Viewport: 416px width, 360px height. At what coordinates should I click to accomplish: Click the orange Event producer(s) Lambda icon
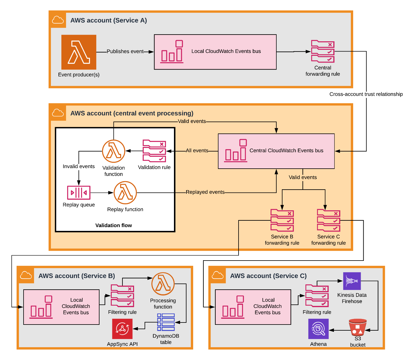[79, 52]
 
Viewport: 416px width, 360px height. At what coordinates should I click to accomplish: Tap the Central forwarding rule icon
[323, 51]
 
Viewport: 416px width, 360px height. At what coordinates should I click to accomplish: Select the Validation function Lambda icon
[113, 151]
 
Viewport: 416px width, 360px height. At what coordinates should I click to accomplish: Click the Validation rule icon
[154, 151]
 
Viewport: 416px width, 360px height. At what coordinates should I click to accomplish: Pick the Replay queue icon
[79, 193]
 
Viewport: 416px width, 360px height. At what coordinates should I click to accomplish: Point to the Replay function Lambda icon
[125, 193]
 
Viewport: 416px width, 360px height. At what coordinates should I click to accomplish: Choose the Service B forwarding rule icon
[282, 220]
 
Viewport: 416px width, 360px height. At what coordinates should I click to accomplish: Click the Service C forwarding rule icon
[328, 220]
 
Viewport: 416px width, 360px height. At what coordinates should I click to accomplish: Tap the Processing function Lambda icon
[163, 284]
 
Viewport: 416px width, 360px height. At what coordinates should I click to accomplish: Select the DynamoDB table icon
[166, 322]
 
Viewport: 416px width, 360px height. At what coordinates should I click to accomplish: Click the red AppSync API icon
[122, 329]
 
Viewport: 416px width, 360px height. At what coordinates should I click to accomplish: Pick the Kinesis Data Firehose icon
[352, 281]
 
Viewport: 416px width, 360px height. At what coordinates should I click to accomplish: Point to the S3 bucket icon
[358, 327]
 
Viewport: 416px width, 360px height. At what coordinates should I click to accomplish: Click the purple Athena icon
[318, 329]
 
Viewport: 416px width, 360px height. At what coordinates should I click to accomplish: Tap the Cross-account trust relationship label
[366, 94]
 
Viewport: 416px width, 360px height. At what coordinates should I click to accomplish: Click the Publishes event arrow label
[125, 51]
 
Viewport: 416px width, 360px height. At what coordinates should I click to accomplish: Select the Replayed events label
[205, 192]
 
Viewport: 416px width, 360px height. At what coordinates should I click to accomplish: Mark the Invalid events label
[79, 166]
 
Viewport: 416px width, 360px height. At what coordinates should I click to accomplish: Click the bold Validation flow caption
[113, 225]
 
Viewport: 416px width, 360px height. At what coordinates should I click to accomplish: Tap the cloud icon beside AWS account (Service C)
[218, 275]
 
